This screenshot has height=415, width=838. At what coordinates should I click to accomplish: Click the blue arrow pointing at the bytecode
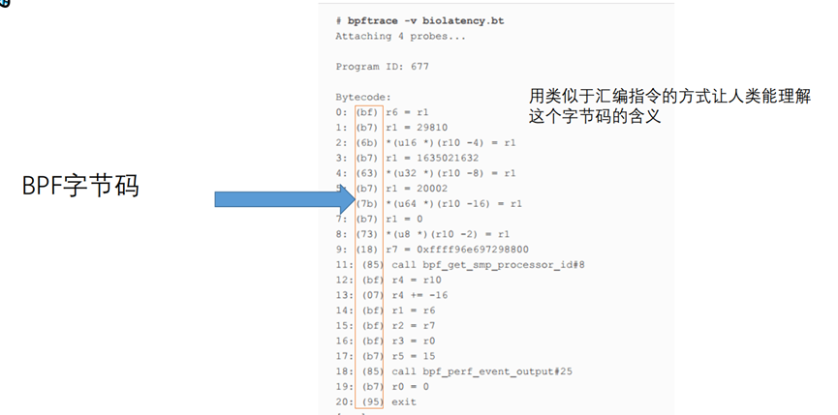[282, 199]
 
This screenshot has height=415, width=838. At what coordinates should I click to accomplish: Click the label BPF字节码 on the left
[81, 187]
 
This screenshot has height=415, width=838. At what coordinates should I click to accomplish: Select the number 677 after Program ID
[417, 67]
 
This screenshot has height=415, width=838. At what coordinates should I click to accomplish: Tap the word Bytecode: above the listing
[362, 97]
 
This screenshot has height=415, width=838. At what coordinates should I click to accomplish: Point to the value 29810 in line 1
[429, 127]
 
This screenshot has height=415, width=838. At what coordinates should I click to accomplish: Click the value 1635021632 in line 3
[445, 158]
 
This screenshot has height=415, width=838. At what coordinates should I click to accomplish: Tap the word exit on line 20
[404, 402]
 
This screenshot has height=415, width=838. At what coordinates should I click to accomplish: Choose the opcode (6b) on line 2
[368, 142]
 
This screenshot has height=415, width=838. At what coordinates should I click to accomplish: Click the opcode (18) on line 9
[368, 250]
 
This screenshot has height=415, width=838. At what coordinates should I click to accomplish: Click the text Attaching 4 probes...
[400, 36]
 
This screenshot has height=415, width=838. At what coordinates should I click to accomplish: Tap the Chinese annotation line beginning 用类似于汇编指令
[668, 97]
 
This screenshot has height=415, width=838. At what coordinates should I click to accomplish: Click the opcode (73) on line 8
[368, 234]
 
